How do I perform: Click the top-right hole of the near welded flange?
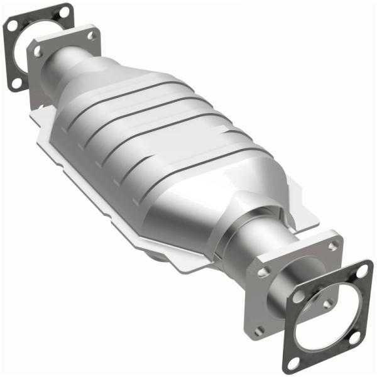coord(331,243)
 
